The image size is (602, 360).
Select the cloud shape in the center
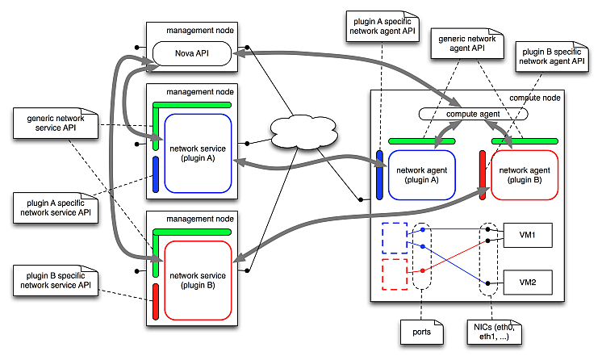pos(303,131)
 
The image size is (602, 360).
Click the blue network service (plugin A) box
pos(198,153)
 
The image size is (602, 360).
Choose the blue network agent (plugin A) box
pos(422,174)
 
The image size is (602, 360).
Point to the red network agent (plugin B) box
pos(525,174)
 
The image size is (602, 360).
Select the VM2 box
pos(527,282)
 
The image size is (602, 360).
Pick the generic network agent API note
pos(466,43)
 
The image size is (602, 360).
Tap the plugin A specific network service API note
pos(50,208)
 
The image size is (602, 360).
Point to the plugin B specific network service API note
pos(50,279)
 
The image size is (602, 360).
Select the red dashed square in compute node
pos(393,273)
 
